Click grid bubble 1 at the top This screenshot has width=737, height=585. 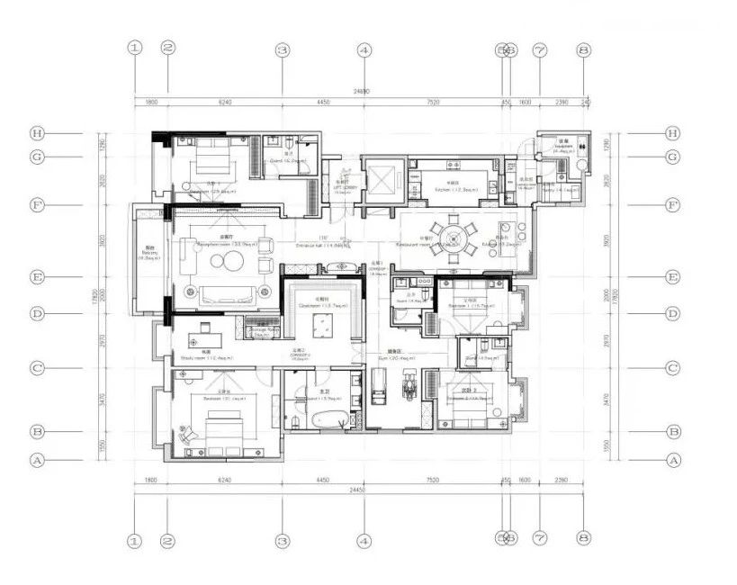(x=135, y=49)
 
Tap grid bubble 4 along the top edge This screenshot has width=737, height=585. (x=364, y=50)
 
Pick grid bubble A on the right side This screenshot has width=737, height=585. (x=672, y=459)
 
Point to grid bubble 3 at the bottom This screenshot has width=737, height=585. (x=282, y=540)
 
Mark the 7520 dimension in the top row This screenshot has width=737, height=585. (x=433, y=103)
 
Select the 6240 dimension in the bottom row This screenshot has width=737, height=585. (x=224, y=481)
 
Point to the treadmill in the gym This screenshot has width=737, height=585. (x=379, y=387)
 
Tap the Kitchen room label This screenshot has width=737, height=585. (x=446, y=190)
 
